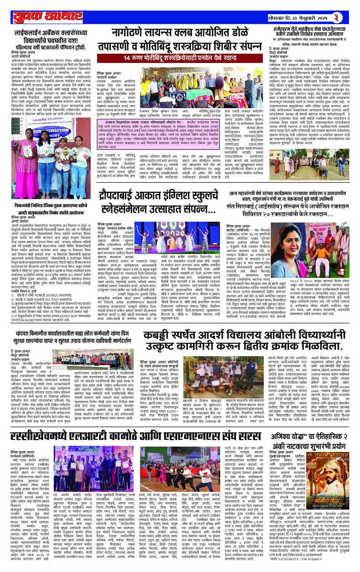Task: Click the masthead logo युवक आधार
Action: (x=48, y=18)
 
